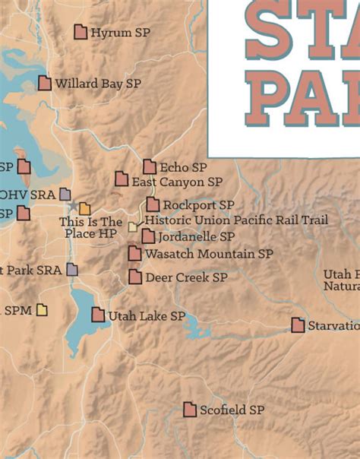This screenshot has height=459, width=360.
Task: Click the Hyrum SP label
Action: [x=120, y=33]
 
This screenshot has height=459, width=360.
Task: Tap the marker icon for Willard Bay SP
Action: [x=45, y=83]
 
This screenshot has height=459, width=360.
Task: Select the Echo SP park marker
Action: [x=150, y=166]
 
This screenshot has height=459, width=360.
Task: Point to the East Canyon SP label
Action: [x=177, y=182]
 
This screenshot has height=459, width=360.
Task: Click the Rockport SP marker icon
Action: [x=153, y=204]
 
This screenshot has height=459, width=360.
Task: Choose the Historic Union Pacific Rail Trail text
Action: [x=236, y=220]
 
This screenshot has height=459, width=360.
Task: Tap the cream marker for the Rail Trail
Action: [x=134, y=226]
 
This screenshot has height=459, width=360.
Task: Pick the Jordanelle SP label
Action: [x=196, y=237]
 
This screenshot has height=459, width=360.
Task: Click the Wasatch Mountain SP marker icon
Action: [x=134, y=253]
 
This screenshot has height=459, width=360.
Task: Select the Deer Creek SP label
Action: [x=186, y=278]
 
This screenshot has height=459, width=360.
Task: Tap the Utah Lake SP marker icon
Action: [x=98, y=315]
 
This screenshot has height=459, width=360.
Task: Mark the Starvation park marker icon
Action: [x=298, y=325]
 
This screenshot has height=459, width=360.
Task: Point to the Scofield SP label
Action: [x=232, y=410]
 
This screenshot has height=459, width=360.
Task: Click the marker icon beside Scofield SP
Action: [x=190, y=410]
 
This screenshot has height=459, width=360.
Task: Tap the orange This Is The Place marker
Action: [x=84, y=208]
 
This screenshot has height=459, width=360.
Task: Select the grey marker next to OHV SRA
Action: [x=65, y=195]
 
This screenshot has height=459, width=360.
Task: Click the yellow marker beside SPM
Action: [x=42, y=309]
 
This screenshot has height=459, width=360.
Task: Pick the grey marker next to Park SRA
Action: [x=72, y=269]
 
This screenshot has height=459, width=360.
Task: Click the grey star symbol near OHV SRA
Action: [x=73, y=206]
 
